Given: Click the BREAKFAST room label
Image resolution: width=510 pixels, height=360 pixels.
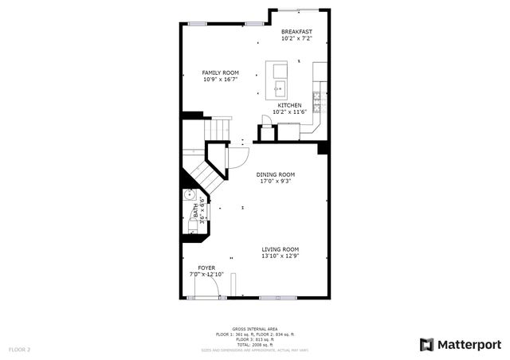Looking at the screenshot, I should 296,31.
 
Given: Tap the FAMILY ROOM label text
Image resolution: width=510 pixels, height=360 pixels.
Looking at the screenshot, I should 220,72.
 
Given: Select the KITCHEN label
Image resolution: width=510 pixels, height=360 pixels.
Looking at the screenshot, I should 289,105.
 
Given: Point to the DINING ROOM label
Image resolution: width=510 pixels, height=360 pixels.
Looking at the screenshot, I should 276,174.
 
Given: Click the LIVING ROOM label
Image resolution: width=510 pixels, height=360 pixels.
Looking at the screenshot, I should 280,249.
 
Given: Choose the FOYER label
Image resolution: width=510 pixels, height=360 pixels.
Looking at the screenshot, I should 206,268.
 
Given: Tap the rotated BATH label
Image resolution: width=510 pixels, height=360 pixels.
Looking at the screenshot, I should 196,211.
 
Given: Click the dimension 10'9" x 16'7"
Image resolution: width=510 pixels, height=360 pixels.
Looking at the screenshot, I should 220,79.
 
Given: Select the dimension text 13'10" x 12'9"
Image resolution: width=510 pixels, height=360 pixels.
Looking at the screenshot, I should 280,256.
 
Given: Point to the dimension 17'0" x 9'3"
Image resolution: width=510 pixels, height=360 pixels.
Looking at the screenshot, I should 276,181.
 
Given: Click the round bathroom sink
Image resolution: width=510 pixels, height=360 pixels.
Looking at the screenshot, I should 190,196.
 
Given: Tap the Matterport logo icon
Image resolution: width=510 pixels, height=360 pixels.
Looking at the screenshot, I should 427,344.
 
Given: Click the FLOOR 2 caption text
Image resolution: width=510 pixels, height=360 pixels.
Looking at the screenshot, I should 19,349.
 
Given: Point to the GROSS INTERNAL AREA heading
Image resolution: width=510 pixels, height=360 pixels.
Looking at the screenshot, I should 254,328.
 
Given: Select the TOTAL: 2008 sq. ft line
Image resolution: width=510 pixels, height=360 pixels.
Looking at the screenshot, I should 254,343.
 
